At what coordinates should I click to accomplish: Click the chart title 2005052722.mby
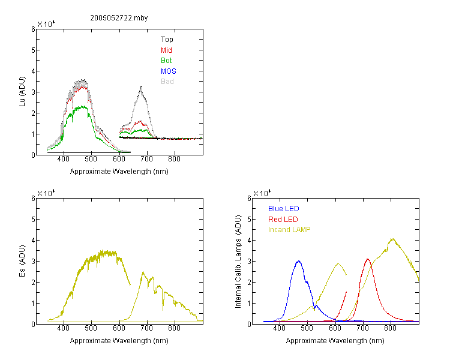click(x=119, y=18)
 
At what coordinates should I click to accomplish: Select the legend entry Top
click(x=167, y=40)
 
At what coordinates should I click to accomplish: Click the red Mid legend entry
click(x=166, y=50)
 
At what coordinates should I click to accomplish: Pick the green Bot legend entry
click(x=166, y=61)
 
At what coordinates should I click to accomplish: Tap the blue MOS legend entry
click(x=169, y=71)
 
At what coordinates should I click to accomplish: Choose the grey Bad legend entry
click(x=167, y=82)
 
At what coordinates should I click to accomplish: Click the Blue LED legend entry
click(x=284, y=209)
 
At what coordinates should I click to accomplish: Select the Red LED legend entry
click(x=283, y=220)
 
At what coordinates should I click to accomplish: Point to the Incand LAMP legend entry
click(x=289, y=230)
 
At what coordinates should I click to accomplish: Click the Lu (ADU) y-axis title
click(x=22, y=92)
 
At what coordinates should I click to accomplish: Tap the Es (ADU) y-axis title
click(x=22, y=261)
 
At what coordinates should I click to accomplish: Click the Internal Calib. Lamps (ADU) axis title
click(x=238, y=262)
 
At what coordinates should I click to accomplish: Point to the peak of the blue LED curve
click(x=299, y=261)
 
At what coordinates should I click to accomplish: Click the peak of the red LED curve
click(x=368, y=259)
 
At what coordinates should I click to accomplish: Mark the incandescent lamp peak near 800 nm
click(x=392, y=239)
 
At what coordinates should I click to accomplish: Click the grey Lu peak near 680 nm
click(x=141, y=86)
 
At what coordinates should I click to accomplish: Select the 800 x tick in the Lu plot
click(x=174, y=160)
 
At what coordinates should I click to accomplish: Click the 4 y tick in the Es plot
click(x=33, y=240)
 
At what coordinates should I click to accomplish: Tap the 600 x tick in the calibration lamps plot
click(x=335, y=328)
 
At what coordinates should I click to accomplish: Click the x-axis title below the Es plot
click(x=119, y=341)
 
